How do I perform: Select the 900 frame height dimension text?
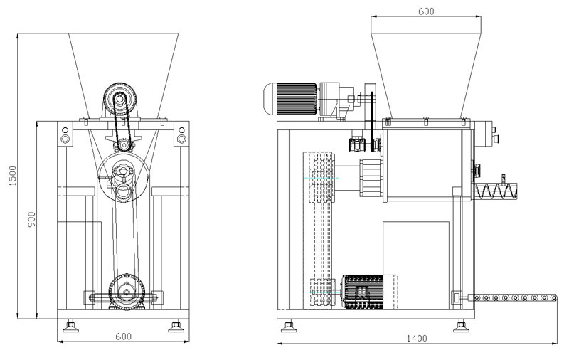(x=31, y=221)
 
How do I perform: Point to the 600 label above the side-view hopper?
(x=425, y=11)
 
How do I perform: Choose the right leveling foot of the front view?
(x=174, y=327)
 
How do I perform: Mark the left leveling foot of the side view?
(x=289, y=327)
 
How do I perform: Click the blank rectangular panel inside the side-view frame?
(x=416, y=263)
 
